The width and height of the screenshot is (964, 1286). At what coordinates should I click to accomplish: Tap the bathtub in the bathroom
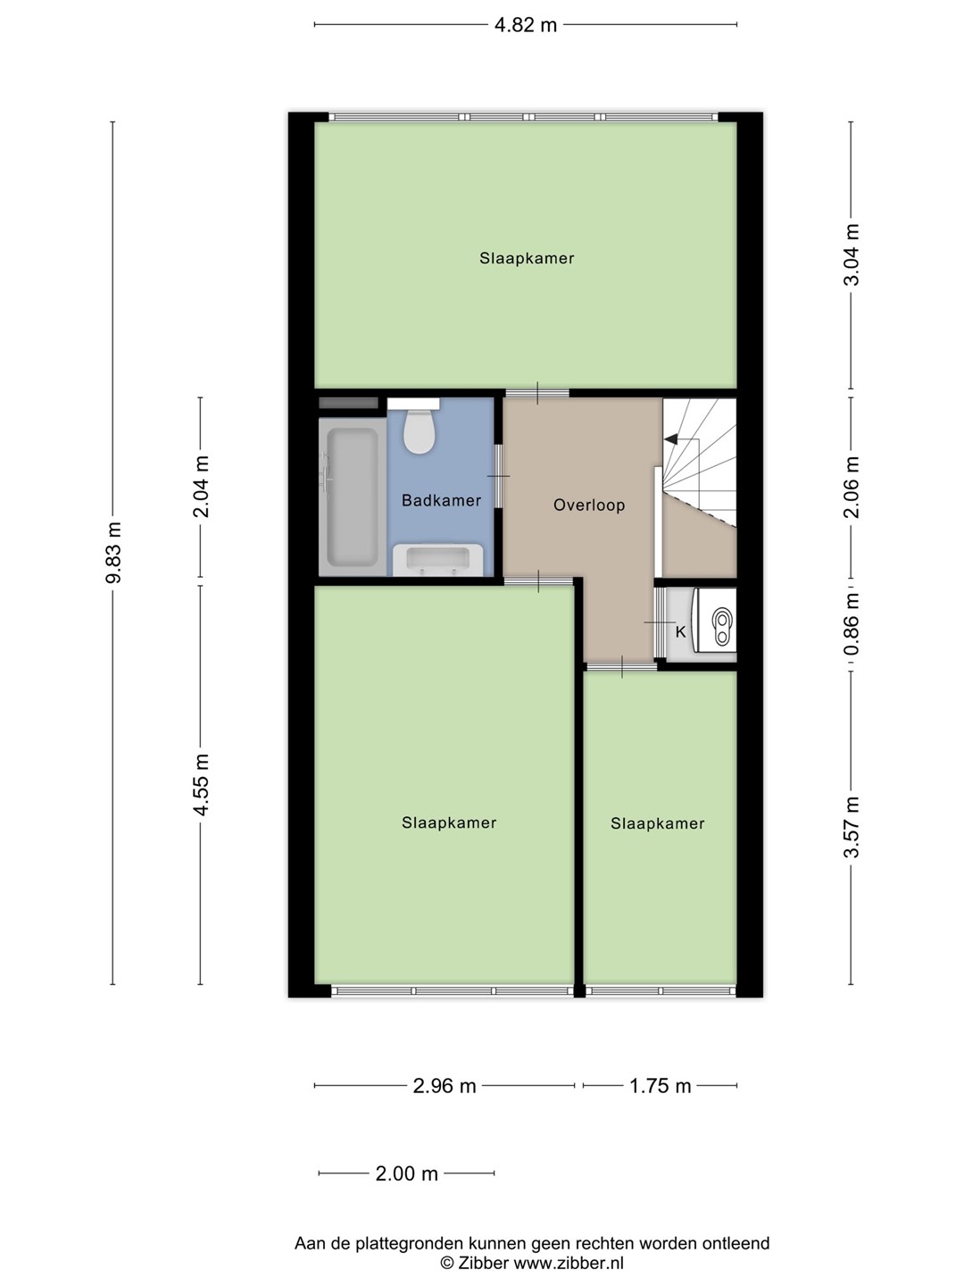pos(353,497)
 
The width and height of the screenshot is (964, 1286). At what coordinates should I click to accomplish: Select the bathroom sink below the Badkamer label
pos(437,560)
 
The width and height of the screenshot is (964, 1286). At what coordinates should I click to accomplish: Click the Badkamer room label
pos(441,500)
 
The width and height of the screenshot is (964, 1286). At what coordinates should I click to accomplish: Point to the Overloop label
pos(589,505)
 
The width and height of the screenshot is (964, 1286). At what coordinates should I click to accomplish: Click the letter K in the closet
pos(680,632)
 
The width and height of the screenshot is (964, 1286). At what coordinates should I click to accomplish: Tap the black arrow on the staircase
pos(671,438)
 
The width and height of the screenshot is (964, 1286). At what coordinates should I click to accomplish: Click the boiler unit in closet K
pos(714,620)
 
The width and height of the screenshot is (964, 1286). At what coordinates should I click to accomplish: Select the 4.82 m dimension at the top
pos(526,25)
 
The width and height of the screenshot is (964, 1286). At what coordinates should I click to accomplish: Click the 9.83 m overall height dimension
pos(113,553)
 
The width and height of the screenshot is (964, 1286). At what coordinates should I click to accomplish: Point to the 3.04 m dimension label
pos(851,255)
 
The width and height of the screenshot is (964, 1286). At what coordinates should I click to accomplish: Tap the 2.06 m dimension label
pos(851,488)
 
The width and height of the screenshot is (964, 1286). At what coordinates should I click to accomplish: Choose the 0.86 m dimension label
pos(851,624)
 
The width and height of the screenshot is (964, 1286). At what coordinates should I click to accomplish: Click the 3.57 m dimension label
pos(851,827)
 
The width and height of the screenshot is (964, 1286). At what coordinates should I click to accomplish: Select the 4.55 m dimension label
pos(202,785)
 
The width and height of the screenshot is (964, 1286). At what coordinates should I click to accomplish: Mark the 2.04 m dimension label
pos(202,487)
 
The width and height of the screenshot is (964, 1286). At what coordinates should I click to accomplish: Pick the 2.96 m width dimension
pos(445,1086)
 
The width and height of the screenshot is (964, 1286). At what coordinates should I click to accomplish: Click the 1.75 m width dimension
pos(661,1086)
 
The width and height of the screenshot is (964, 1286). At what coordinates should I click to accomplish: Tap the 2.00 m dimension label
pos(407,1173)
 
